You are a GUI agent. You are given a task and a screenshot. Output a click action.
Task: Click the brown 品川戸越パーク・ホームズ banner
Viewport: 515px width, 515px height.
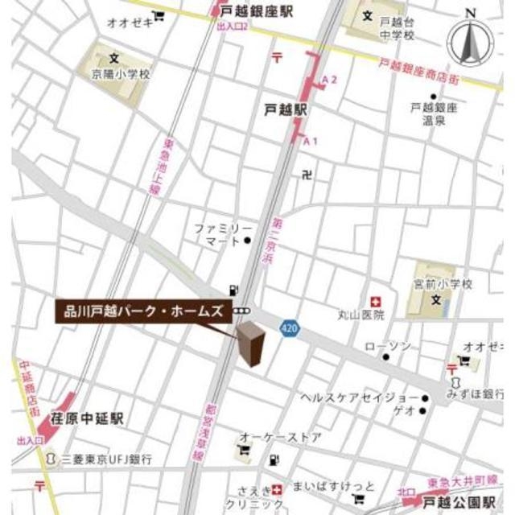click(x=144, y=311)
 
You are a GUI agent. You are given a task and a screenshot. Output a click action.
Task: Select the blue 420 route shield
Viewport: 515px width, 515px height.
click(x=290, y=328)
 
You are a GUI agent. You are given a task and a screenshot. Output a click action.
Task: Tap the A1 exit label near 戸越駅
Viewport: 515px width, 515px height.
click(x=311, y=141)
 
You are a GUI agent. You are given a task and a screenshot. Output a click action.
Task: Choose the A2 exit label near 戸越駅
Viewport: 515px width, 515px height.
click(x=329, y=79)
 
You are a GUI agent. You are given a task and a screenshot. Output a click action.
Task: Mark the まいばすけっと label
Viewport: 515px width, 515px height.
click(x=344, y=487)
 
